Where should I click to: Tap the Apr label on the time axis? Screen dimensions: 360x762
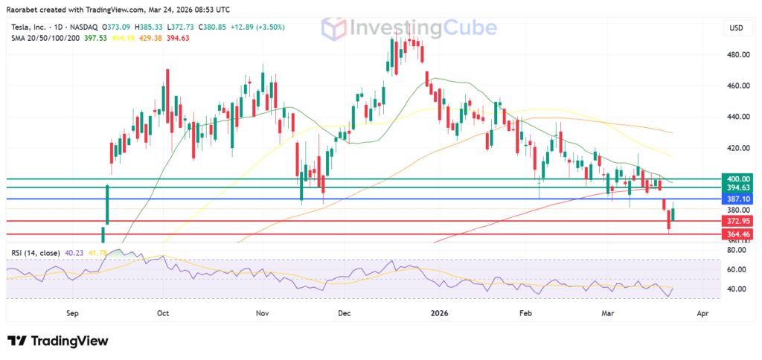pyautogui.click(x=702, y=314)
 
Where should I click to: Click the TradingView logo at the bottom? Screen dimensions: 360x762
pyautogui.click(x=58, y=341)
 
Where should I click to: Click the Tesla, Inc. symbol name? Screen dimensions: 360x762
pyautogui.click(x=33, y=28)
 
